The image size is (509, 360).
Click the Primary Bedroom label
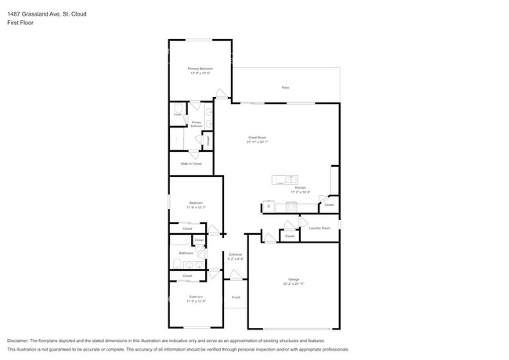pos(200,69)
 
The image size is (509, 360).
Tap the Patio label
pos(286,87)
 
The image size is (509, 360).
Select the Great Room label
pos(258,138)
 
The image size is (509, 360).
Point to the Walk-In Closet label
pos(192,164)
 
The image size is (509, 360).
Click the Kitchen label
pos(300,188)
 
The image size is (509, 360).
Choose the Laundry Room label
pos(319,228)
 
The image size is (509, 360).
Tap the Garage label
pos(294,279)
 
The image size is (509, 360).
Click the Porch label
pos(236,297)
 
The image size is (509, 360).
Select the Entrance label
pos(235,254)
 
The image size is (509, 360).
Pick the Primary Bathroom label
pos(197,124)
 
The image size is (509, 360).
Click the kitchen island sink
pos(287,179)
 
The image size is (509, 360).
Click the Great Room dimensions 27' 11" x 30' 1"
pos(258,142)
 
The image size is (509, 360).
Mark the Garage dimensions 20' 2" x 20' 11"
pos(294,283)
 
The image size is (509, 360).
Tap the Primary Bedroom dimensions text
pos(200,74)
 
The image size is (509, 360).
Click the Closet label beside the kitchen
pos(329,205)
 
